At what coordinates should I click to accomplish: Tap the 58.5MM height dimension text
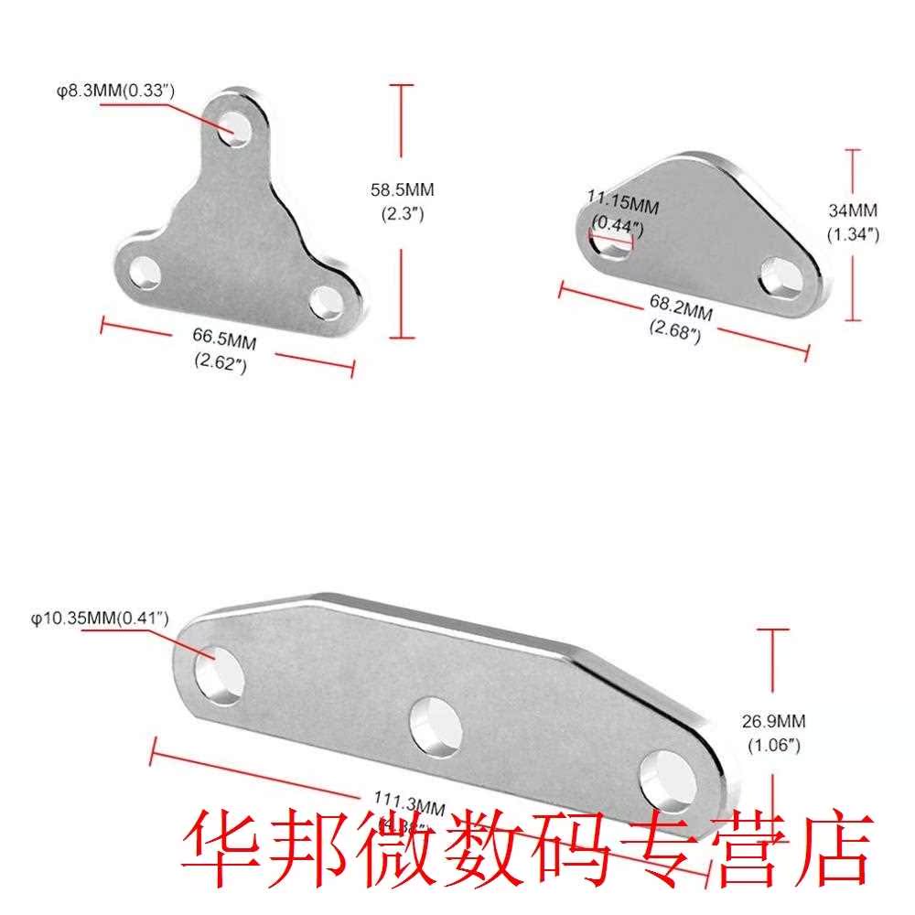point(402,190)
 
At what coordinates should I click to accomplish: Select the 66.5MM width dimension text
point(224,341)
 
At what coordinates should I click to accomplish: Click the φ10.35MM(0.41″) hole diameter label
point(100,618)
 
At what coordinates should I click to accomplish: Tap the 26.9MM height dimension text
point(774,722)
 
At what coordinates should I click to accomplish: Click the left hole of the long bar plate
point(220,674)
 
